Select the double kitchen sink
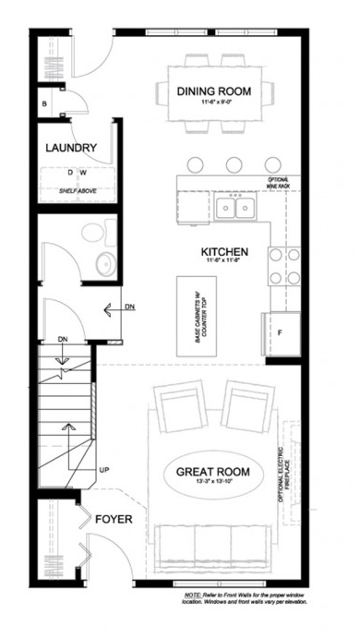[235, 208]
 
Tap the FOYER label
[114, 520]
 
